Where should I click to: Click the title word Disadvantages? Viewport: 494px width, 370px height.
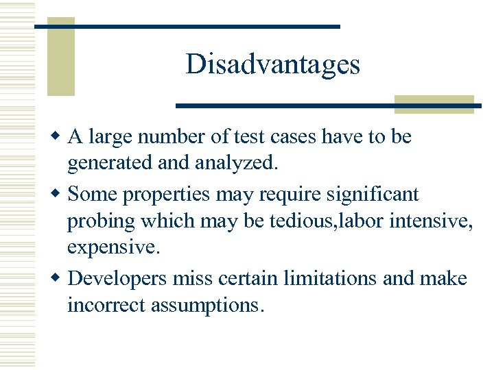(272, 64)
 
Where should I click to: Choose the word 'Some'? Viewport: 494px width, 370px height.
(93, 195)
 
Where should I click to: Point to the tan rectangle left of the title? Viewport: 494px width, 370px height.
(60, 57)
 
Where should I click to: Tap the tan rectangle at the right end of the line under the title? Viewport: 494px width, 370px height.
(434, 104)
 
